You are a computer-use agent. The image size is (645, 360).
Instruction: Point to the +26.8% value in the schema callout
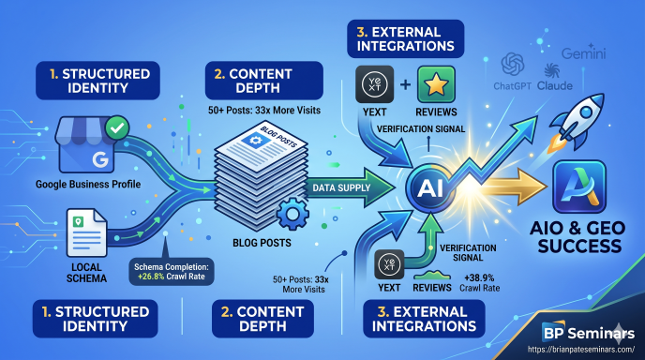point(149,276)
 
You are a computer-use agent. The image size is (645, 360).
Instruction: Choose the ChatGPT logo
point(513,64)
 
